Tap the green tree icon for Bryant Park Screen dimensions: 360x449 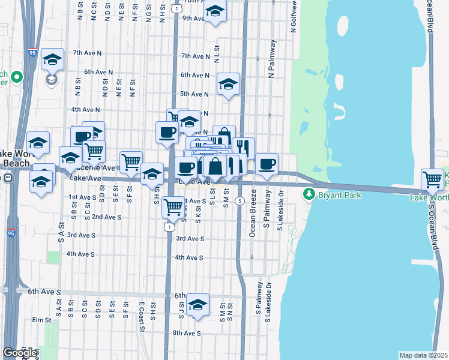tap(309, 194)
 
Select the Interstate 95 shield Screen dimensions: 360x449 tap(32, 37)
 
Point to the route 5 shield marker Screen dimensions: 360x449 tap(240, 200)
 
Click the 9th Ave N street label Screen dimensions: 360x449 tap(194, 19)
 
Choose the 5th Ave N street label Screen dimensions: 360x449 tap(194, 94)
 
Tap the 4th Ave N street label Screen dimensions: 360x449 tap(85, 110)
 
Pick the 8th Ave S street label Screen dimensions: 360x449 tap(186, 333)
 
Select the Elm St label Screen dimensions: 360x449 tap(43, 320)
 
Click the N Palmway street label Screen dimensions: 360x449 tap(271, 59)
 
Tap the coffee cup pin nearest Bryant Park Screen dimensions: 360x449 tap(267, 163)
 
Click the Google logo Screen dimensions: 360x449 tap(20, 353)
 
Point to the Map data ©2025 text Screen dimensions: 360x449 tap(423, 355)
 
